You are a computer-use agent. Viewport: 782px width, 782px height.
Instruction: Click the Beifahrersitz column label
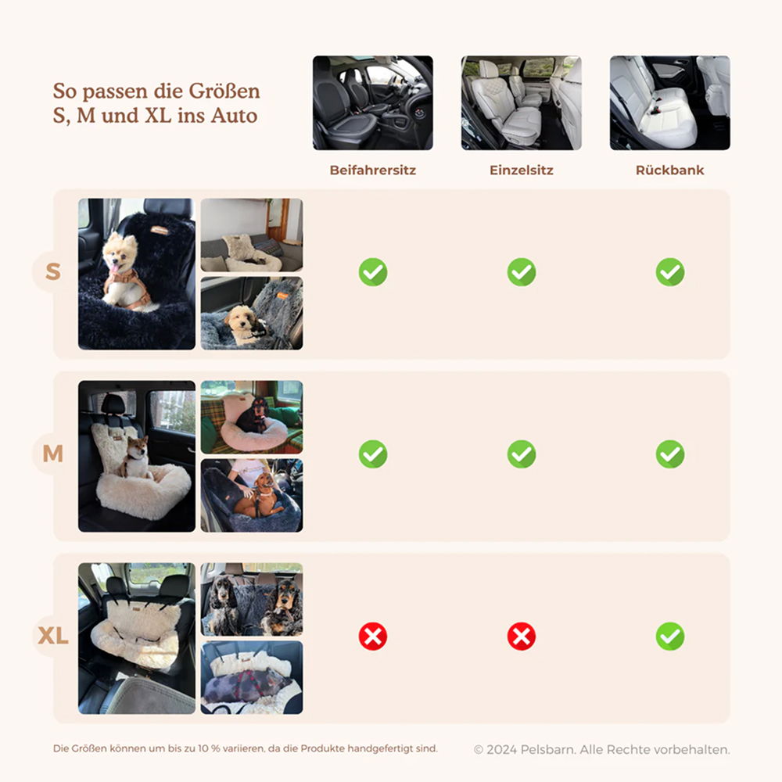click(x=372, y=170)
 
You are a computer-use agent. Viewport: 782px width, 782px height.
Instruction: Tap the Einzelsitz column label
click(x=521, y=170)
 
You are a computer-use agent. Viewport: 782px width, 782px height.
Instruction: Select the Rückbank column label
click(x=670, y=170)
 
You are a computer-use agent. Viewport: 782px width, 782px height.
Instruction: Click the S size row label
click(x=53, y=272)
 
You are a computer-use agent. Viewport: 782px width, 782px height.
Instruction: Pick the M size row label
click(x=53, y=454)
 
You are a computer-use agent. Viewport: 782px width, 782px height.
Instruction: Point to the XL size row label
click(x=53, y=636)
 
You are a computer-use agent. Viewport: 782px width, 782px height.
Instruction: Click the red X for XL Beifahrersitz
click(x=372, y=637)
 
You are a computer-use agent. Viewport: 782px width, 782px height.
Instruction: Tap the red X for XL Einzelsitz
click(x=521, y=637)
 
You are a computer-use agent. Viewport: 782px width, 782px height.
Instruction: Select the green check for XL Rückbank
click(x=670, y=637)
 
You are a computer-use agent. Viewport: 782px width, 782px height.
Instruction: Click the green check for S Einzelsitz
click(x=521, y=272)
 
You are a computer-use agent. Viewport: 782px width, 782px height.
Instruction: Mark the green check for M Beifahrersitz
click(x=372, y=454)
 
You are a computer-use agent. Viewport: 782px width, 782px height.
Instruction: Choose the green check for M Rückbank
click(x=670, y=454)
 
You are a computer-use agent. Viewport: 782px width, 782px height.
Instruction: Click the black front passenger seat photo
click(x=372, y=102)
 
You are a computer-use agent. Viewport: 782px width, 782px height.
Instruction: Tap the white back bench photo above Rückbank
click(x=670, y=102)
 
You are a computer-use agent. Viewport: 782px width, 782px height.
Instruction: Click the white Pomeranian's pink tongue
click(x=115, y=269)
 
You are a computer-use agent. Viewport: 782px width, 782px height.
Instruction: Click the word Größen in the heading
click(x=224, y=91)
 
